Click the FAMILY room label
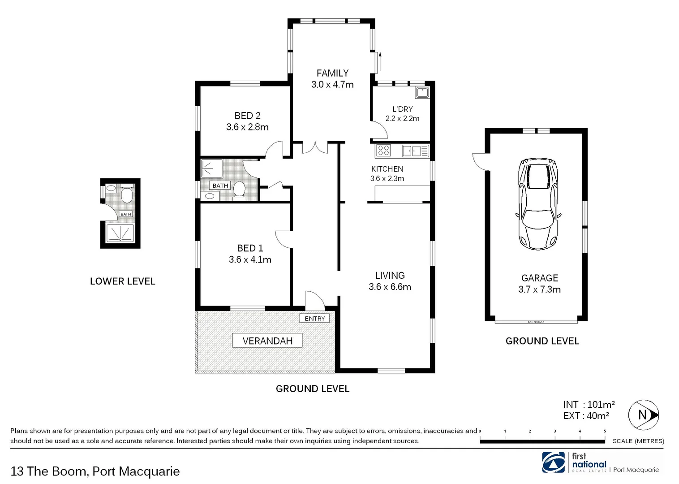[332, 73]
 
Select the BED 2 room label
[247, 116]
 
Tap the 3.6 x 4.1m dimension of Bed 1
[250, 259]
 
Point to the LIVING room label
[390, 276]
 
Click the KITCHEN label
[387, 169]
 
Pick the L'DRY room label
[402, 109]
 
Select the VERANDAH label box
[267, 341]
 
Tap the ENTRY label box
[314, 318]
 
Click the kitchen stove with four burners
[383, 150]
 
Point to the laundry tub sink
[422, 93]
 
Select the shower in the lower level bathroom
[120, 233]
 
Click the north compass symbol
[643, 415]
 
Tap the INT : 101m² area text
[589, 405]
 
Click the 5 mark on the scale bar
[605, 431]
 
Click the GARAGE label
[539, 278]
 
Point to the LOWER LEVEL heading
[122, 281]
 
